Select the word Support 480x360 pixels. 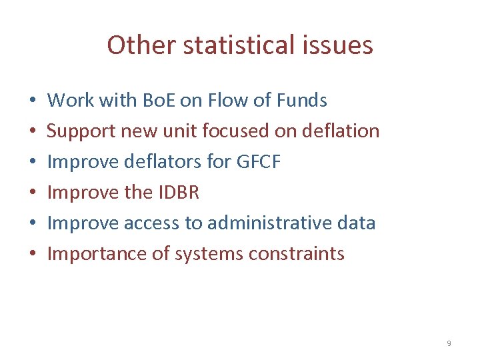(81, 131)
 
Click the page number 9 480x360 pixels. (449, 343)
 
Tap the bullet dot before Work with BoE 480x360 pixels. (32, 101)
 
